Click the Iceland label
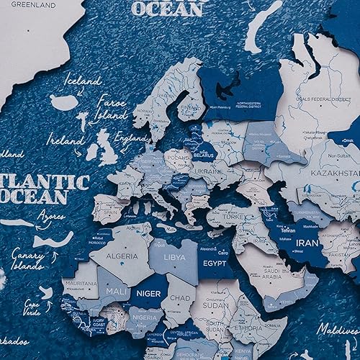82,81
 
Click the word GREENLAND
30,4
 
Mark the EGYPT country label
215,264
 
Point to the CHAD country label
183,297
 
